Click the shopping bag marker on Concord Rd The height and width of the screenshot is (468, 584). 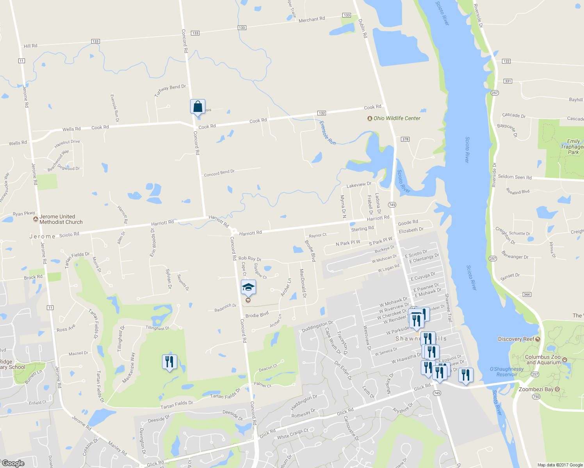pos(198,106)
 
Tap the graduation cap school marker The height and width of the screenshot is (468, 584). pos(248,288)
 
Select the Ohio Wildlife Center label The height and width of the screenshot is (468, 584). pos(397,118)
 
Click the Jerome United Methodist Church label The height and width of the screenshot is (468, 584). pos(61,219)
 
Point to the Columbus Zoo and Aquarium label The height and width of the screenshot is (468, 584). pos(542,360)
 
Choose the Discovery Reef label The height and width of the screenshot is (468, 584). pos(516,339)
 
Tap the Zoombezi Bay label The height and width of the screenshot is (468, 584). pos(536,389)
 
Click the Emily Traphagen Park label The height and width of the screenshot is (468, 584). pos(573,147)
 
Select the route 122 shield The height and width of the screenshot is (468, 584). pos(506,61)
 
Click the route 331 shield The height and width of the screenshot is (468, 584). pos(508,81)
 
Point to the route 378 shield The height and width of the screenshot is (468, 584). pos(405,139)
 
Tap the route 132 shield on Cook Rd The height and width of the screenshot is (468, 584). pos(322,113)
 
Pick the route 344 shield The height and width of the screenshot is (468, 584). pos(527,294)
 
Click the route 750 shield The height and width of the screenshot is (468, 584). pos(536,397)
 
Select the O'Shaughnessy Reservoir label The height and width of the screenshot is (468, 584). pos(507,372)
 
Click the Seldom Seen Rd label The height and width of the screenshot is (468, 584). pos(515,177)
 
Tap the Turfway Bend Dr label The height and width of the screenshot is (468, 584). pos(170,90)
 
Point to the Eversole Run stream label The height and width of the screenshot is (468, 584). pos(327,133)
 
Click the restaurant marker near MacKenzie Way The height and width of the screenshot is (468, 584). pos(169,362)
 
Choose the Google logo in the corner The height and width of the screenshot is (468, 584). pos(13,463)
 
